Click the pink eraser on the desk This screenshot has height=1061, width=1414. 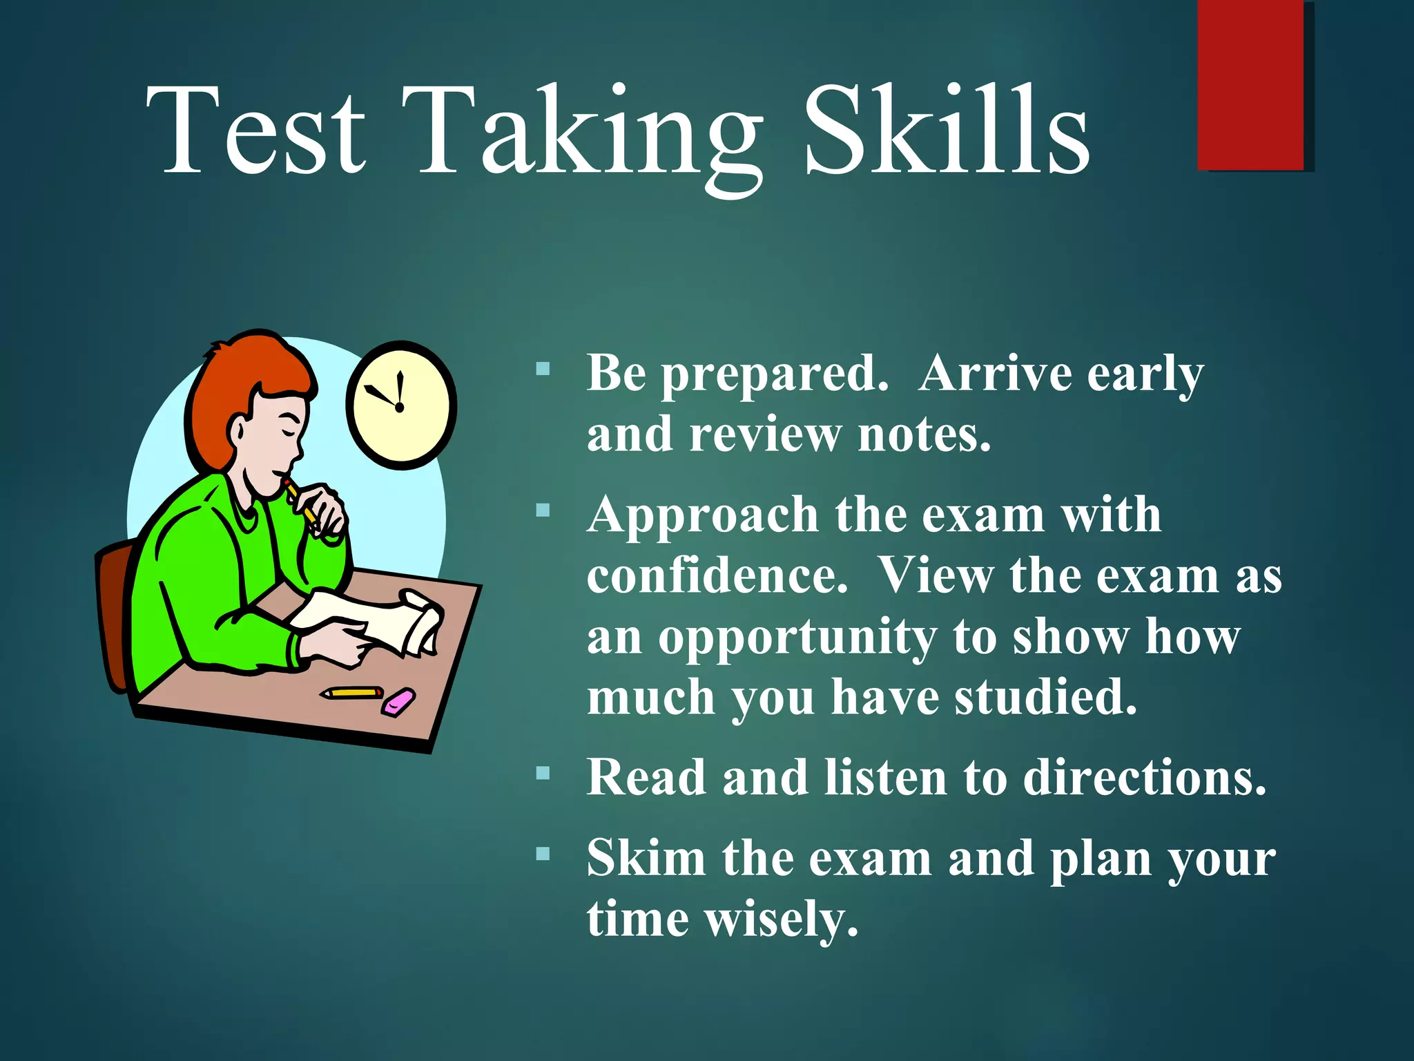coord(399,702)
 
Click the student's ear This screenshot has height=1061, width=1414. coord(237,432)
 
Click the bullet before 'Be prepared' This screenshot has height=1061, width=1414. coord(543,369)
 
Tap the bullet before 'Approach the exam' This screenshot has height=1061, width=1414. coord(543,511)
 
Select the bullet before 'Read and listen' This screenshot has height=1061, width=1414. coord(543,773)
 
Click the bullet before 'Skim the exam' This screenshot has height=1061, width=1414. coord(543,854)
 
